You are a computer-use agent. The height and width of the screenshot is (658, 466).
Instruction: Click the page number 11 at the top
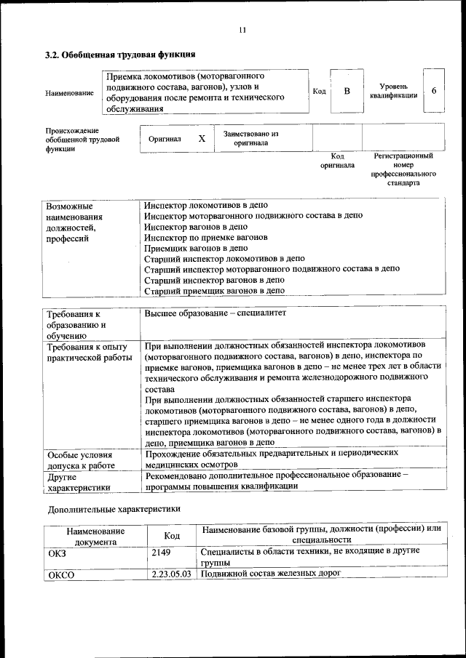click(x=242, y=30)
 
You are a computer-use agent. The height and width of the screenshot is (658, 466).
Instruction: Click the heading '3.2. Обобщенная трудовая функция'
click(x=120, y=55)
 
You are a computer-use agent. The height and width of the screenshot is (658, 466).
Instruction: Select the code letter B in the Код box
click(x=347, y=91)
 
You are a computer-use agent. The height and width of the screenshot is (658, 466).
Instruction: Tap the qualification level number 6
click(x=434, y=91)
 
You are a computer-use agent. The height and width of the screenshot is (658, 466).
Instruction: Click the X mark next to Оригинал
click(x=202, y=137)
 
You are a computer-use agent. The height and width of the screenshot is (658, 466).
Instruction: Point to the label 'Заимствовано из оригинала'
click(x=250, y=138)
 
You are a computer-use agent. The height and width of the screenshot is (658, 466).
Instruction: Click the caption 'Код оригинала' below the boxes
click(x=337, y=161)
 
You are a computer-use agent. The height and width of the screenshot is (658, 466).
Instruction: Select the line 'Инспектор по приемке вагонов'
click(x=205, y=237)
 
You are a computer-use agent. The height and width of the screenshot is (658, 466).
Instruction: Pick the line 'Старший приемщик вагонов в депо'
click(x=214, y=291)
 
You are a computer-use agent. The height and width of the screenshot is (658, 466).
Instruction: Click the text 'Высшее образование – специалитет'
click(x=216, y=313)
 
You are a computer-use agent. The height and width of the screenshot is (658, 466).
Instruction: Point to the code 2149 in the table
click(x=161, y=552)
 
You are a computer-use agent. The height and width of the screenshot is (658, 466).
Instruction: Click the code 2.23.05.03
click(x=172, y=574)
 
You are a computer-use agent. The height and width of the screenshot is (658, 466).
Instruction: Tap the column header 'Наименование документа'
click(x=95, y=537)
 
